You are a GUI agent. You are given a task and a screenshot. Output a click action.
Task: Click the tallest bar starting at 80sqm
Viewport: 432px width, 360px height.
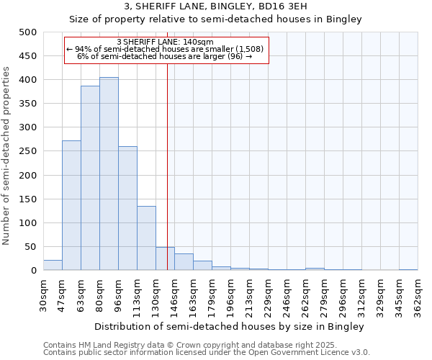109,174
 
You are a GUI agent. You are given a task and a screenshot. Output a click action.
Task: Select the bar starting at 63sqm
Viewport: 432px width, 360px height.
90,178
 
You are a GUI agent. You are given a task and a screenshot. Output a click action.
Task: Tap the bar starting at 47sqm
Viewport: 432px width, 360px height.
71,205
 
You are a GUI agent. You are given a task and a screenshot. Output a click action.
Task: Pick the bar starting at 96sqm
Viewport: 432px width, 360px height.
127,208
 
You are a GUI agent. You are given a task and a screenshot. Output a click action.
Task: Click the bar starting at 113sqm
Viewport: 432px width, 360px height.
146,238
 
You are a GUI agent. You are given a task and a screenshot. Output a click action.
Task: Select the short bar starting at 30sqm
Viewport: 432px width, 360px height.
53,265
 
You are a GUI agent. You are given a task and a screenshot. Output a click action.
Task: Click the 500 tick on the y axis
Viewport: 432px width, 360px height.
28,32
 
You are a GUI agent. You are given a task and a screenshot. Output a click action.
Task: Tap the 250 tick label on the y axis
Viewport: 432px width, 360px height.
28,151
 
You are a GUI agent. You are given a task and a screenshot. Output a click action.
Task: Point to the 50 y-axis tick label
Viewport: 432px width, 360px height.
31,247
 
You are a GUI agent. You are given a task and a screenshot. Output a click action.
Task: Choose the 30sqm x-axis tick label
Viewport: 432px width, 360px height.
43,293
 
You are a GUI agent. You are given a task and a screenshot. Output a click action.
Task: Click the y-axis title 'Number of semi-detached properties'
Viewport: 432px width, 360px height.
7,155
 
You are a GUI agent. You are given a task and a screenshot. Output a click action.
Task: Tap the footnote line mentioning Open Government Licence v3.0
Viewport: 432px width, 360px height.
207,353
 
